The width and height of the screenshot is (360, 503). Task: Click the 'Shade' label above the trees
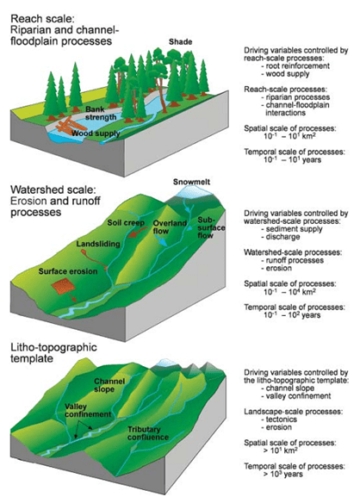(180, 41)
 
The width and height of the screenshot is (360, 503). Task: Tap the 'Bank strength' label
(101, 113)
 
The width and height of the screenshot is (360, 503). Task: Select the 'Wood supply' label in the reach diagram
(96, 134)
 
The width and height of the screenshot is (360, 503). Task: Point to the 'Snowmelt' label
(191, 182)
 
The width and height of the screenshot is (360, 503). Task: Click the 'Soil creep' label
(126, 222)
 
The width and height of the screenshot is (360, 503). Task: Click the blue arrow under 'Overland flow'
(161, 240)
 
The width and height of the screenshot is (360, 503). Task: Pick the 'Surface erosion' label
(68, 271)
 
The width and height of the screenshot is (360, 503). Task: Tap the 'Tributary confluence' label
(148, 433)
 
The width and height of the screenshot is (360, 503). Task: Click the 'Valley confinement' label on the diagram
(88, 410)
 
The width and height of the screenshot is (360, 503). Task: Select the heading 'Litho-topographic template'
(53, 352)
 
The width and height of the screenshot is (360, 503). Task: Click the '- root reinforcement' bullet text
(295, 65)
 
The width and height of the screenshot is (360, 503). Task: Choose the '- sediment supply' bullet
(292, 229)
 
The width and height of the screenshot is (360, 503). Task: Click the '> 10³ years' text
(283, 474)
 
